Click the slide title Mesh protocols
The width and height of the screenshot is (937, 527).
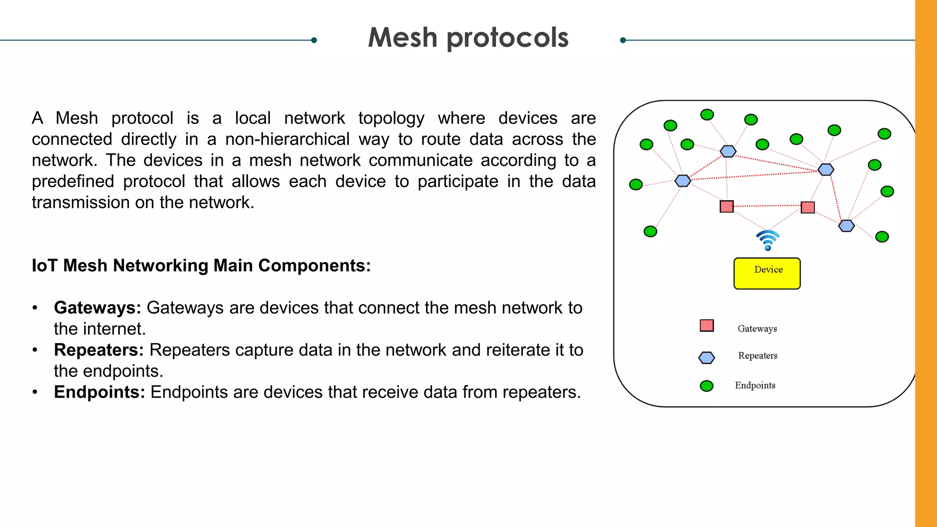pos(468,38)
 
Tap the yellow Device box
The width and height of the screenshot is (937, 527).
pos(767,274)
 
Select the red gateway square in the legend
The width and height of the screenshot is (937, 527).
pos(706,326)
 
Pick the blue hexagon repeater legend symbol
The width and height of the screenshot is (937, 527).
pos(706,358)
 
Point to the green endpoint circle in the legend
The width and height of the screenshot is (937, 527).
pos(706,386)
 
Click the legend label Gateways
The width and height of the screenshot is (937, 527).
pos(757,328)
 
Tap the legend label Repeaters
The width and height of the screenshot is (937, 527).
pos(758,355)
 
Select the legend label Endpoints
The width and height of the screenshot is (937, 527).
pos(755,385)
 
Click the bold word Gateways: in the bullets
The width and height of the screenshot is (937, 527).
pos(97,308)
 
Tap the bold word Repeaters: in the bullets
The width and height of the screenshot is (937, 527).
pos(98,350)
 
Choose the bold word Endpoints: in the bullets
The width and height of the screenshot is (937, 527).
pos(99,392)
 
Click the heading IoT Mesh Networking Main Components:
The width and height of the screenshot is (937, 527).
pos(201,265)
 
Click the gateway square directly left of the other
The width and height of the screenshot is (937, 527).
pos(727,206)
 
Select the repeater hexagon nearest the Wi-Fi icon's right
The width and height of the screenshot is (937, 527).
pos(846,226)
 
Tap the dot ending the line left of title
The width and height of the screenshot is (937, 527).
pos(314,40)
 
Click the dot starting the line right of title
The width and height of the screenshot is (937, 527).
pos(623,40)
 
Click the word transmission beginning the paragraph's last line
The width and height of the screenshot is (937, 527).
pos(81,202)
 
